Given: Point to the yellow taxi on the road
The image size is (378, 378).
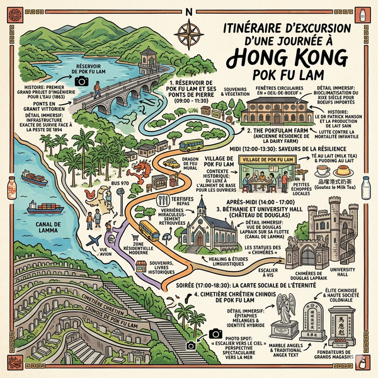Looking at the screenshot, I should coord(171,163).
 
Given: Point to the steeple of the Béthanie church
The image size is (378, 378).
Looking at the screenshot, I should coord(201,205).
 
